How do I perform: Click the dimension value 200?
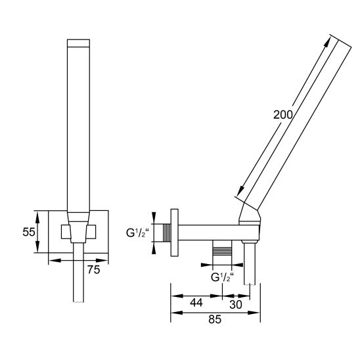click(x=283, y=115)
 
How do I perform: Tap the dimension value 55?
click(x=29, y=232)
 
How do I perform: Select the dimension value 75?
click(x=94, y=269)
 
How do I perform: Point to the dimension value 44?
click(x=196, y=303)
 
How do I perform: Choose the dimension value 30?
click(x=236, y=305)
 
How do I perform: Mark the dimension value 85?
click(x=215, y=319)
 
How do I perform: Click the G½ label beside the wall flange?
click(x=137, y=233)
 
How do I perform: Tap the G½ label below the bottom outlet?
click(x=222, y=277)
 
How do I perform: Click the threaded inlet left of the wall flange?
click(x=167, y=233)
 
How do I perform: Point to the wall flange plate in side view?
click(x=175, y=233)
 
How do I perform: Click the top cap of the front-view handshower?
click(x=78, y=43)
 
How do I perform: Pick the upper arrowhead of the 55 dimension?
click(x=37, y=217)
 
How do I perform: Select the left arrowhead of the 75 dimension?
click(x=55, y=260)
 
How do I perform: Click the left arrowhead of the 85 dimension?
click(x=177, y=313)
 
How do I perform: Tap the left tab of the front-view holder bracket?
click(x=65, y=232)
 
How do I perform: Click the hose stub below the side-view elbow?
click(x=250, y=263)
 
